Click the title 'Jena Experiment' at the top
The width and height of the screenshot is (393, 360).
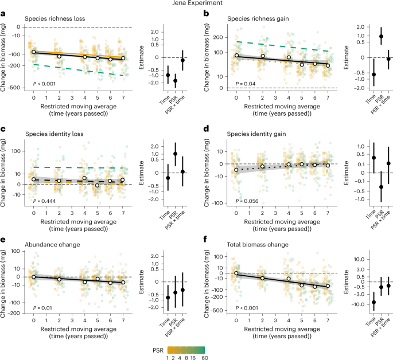coord(197,5)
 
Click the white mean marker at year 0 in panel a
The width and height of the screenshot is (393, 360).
coord(33,52)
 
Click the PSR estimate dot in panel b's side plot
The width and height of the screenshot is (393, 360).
coord(365,36)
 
